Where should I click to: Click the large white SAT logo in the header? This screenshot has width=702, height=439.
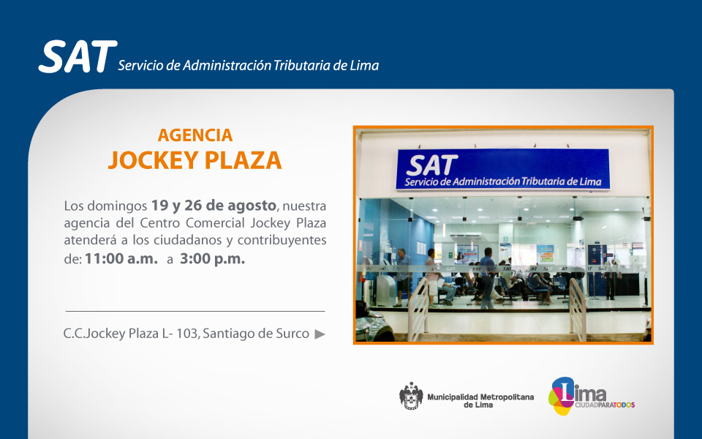[x=78, y=56]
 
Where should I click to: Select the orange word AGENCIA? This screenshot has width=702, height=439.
[x=195, y=135]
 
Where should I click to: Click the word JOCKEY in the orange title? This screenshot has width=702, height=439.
[x=153, y=160]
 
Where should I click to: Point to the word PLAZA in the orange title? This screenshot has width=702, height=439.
[x=243, y=160]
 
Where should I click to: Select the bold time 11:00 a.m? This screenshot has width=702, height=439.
[x=121, y=258]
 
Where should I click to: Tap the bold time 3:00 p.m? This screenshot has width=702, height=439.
[x=213, y=258]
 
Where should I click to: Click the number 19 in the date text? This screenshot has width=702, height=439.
[x=159, y=205]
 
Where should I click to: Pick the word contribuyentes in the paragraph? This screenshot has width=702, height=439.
[x=282, y=240]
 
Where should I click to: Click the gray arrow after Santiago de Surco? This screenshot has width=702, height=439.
[x=320, y=334]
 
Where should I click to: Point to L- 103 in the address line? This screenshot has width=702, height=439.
[x=180, y=334]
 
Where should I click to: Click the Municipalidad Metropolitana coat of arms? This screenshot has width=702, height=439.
[x=411, y=396]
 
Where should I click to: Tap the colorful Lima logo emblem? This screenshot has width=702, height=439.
[x=562, y=396]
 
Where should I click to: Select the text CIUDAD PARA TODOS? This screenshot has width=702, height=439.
[x=605, y=405]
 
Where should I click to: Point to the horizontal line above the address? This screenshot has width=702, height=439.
[x=195, y=311]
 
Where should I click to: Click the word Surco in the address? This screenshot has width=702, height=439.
[x=294, y=334]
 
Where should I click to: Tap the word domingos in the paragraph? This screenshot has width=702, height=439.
[x=117, y=206]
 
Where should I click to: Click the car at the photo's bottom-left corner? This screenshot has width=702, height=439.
[x=374, y=323]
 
